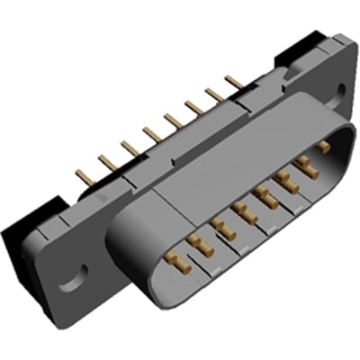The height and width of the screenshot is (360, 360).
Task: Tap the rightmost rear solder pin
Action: click(x=234, y=83)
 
